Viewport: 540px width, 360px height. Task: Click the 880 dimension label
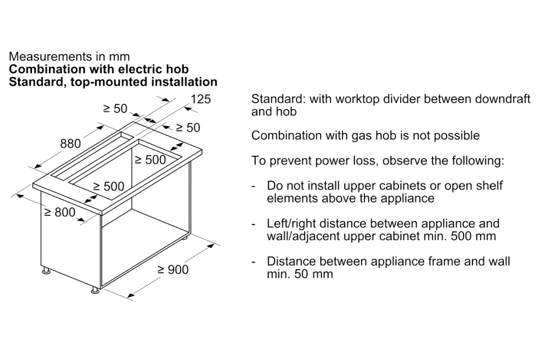click(x=71, y=144)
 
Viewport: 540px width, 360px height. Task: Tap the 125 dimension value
click(x=201, y=99)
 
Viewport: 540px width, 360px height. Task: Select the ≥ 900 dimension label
click(x=173, y=270)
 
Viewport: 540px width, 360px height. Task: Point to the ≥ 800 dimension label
click(x=60, y=212)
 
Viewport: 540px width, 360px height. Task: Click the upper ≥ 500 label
click(x=150, y=159)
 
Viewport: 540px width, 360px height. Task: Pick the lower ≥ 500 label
click(x=109, y=186)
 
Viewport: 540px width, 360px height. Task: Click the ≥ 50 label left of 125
click(x=115, y=108)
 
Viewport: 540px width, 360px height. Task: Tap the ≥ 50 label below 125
click(x=188, y=127)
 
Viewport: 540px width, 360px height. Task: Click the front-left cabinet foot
click(x=46, y=271)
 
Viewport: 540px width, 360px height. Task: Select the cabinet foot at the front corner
click(x=95, y=291)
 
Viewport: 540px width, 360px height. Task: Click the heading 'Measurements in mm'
click(x=69, y=57)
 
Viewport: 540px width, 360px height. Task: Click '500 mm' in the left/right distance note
click(x=473, y=236)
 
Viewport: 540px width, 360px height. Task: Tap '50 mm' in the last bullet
click(x=314, y=274)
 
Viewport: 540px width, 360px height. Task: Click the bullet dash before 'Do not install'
click(x=253, y=186)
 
